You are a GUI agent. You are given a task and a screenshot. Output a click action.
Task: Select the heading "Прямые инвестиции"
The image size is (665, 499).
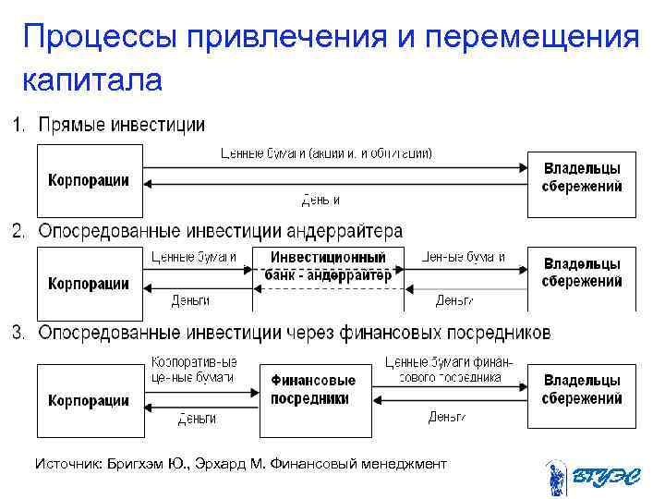[121, 125]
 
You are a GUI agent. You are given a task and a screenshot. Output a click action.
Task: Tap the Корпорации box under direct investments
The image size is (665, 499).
[89, 179]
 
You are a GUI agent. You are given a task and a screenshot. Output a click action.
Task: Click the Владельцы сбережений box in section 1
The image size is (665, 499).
[581, 177]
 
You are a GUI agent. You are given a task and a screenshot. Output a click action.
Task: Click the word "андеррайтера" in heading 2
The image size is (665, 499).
[343, 230]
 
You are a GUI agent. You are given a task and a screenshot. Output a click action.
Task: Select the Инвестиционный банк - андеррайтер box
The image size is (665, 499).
[328, 266]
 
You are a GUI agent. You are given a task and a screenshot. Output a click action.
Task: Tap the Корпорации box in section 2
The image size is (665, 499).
[89, 282]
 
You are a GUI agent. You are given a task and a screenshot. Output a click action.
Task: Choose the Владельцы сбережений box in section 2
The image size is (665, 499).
[581, 272]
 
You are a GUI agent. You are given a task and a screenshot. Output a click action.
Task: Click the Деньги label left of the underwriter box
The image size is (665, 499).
[190, 300]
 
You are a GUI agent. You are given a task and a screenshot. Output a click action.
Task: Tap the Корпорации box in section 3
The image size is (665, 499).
[89, 400]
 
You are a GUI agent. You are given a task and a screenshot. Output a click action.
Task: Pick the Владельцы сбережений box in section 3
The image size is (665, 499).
[581, 389]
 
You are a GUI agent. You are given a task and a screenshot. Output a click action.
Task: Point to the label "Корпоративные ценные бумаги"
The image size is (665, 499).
[193, 370]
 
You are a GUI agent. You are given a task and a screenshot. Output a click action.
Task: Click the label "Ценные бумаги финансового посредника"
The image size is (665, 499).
[449, 370]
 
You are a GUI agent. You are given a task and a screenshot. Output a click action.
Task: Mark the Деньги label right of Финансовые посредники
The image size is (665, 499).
[447, 417]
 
